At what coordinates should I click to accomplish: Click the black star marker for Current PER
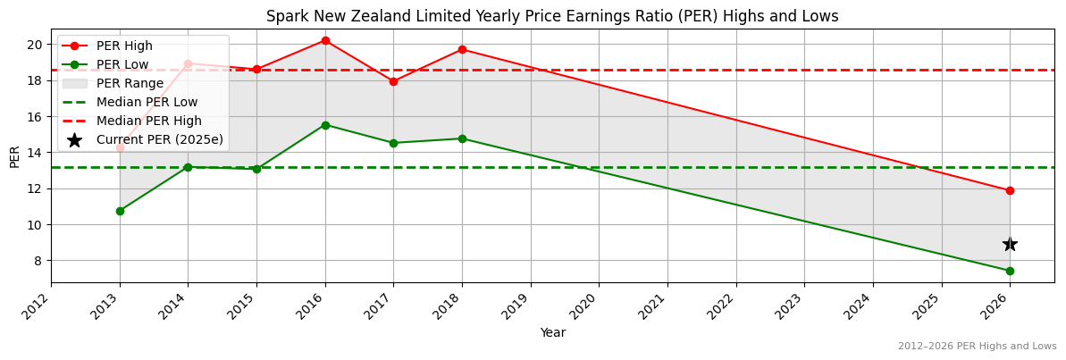pyautogui.click(x=1010, y=244)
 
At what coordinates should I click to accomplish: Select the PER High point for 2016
pyautogui.click(x=325, y=40)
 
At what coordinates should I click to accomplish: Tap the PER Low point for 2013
pyautogui.click(x=120, y=211)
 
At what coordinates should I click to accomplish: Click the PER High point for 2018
pyautogui.click(x=462, y=49)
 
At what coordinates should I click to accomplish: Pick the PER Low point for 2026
pyautogui.click(x=1010, y=271)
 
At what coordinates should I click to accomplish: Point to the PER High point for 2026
pyautogui.click(x=1010, y=190)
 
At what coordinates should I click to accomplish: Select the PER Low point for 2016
pyautogui.click(x=325, y=125)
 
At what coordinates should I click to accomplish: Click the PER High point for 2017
pyautogui.click(x=393, y=81)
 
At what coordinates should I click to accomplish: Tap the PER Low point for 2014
pyautogui.click(x=188, y=167)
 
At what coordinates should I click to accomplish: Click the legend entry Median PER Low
pyautogui.click(x=147, y=102)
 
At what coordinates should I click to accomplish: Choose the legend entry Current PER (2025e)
pyautogui.click(x=159, y=139)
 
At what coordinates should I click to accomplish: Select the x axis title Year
pyautogui.click(x=552, y=333)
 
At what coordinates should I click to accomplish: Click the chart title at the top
pyautogui.click(x=552, y=16)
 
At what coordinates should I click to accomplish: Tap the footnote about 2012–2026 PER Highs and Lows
pyautogui.click(x=977, y=346)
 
